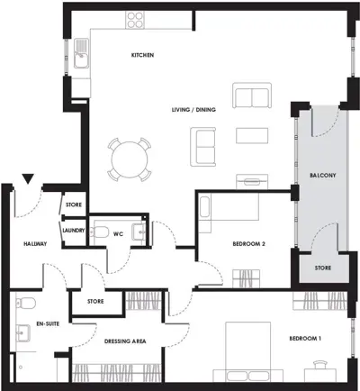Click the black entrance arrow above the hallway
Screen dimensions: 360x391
[28, 178]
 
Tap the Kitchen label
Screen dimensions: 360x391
[142, 55]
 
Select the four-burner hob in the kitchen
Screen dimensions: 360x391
[135, 20]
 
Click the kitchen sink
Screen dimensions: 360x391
[81, 53]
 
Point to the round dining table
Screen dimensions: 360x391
[130, 159]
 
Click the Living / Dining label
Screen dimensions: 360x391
[193, 110]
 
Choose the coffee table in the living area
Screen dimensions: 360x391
[252, 135]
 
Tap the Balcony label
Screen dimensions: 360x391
[322, 175]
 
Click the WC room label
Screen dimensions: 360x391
[118, 234]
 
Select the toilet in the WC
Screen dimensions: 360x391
[99, 232]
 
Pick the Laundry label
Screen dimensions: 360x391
[74, 231]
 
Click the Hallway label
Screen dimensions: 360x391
[35, 244]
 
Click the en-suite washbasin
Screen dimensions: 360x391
[22, 333]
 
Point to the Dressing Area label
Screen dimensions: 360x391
[125, 341]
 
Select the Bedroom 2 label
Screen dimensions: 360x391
[248, 244]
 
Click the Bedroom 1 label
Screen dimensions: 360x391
[305, 339]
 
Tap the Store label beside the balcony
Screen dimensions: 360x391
[323, 268]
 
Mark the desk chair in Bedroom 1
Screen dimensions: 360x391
[320, 364]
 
